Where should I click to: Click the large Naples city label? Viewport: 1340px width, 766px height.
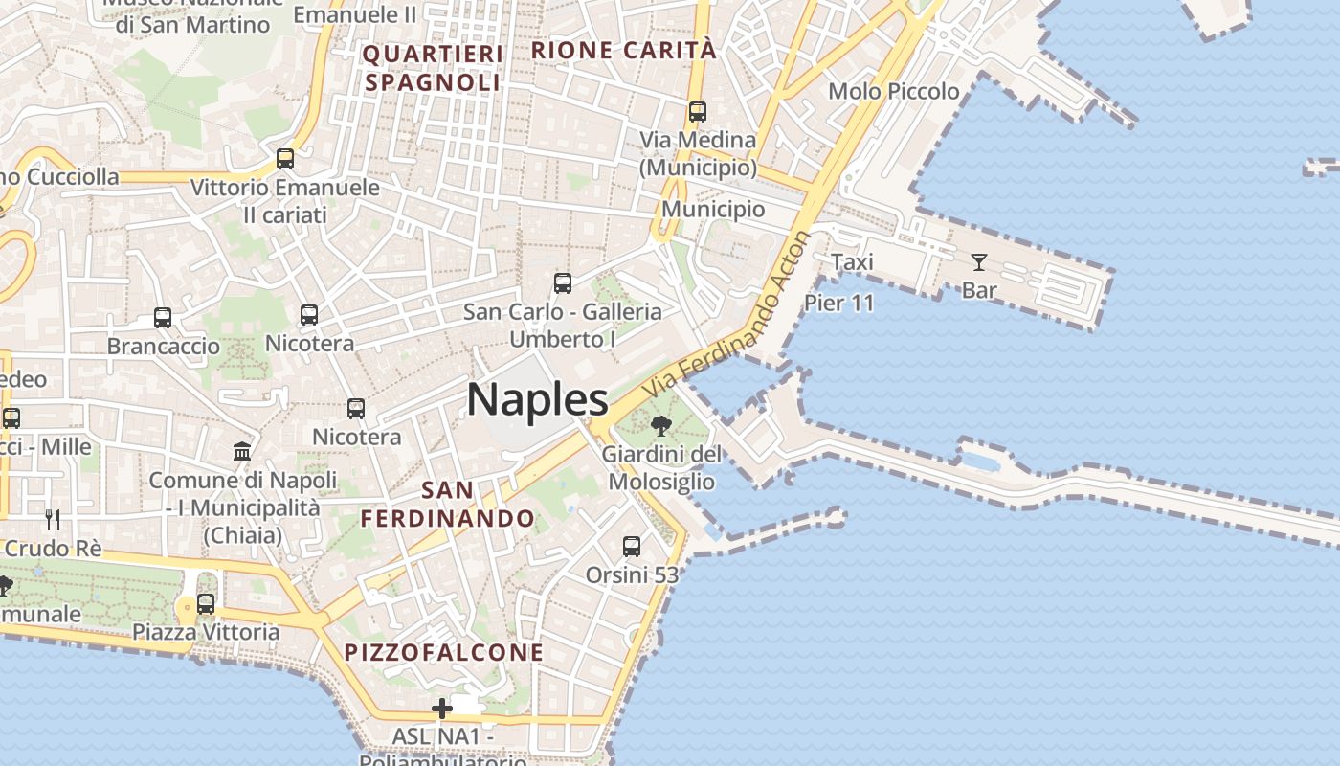tap(537, 399)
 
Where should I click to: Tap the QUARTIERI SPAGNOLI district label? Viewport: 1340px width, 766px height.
tap(433, 68)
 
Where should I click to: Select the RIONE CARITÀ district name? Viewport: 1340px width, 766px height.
tap(623, 50)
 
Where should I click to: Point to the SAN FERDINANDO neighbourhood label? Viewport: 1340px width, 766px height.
tap(447, 505)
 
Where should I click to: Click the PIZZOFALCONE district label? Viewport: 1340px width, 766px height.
tap(443, 653)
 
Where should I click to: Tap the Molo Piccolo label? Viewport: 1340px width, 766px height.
tap(893, 91)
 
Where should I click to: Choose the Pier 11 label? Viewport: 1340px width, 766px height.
tap(839, 304)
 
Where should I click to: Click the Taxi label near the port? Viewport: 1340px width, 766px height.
tap(852, 261)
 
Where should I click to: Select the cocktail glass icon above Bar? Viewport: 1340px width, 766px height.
tap(978, 261)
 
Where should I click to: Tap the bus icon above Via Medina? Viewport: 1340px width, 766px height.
tap(698, 112)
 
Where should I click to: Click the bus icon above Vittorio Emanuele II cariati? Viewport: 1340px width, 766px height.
tap(285, 159)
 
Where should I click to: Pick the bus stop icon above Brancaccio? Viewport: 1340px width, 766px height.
tap(163, 318)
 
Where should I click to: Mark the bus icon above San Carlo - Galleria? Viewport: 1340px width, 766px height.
tap(563, 283)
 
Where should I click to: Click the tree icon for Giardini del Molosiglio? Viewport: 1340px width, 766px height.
tap(660, 426)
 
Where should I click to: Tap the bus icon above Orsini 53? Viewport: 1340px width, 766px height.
tap(632, 547)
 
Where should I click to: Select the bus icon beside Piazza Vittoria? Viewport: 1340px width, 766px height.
tap(206, 604)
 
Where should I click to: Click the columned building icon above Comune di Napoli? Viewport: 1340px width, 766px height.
tap(242, 451)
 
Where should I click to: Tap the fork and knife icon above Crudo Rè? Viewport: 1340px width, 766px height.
tap(53, 520)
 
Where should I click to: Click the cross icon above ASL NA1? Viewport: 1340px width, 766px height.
tap(442, 709)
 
